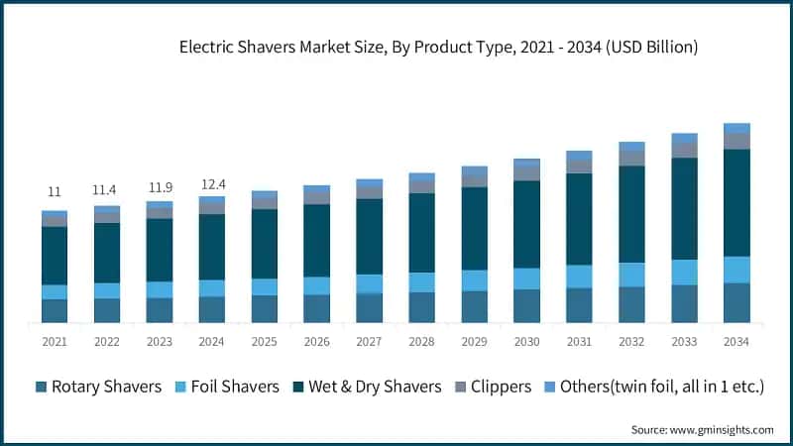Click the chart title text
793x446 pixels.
[438, 47]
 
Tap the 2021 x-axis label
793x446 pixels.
[55, 341]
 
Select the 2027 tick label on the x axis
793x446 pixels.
[370, 341]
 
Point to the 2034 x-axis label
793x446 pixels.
[736, 341]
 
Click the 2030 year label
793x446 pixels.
[526, 341]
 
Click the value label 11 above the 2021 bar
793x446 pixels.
[55, 191]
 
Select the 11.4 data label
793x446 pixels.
[107, 188]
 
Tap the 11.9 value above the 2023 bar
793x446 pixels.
[160, 184]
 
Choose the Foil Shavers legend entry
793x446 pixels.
[228, 387]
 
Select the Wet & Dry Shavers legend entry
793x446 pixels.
[367, 387]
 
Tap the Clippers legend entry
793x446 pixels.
[493, 387]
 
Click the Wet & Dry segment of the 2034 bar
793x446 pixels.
[736, 202]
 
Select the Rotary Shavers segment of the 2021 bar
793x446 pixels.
[55, 310]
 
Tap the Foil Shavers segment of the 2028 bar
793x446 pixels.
[422, 282]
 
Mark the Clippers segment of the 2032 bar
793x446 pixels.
[631, 158]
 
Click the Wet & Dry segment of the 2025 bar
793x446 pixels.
[265, 243]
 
